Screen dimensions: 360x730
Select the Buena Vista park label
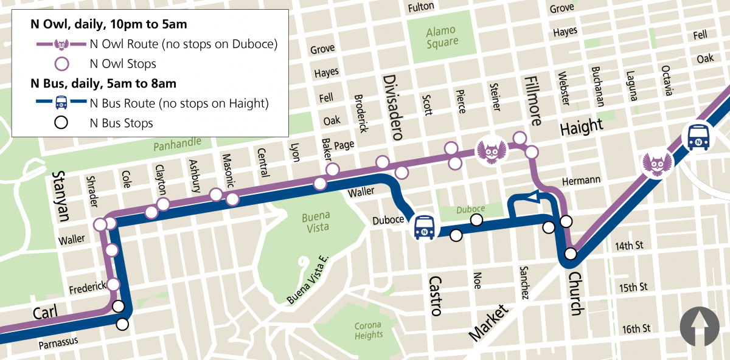(x=315, y=222)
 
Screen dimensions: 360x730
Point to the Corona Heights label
(x=369, y=330)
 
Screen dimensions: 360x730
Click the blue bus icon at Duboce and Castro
(x=424, y=227)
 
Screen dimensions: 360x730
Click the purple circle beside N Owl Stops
(x=60, y=64)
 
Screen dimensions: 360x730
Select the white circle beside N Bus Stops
(x=60, y=123)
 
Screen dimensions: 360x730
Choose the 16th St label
(x=636, y=328)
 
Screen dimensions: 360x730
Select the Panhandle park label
(x=177, y=145)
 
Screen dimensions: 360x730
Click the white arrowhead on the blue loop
(x=532, y=196)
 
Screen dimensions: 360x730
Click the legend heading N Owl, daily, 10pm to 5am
(x=109, y=25)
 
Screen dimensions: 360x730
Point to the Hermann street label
(x=581, y=180)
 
